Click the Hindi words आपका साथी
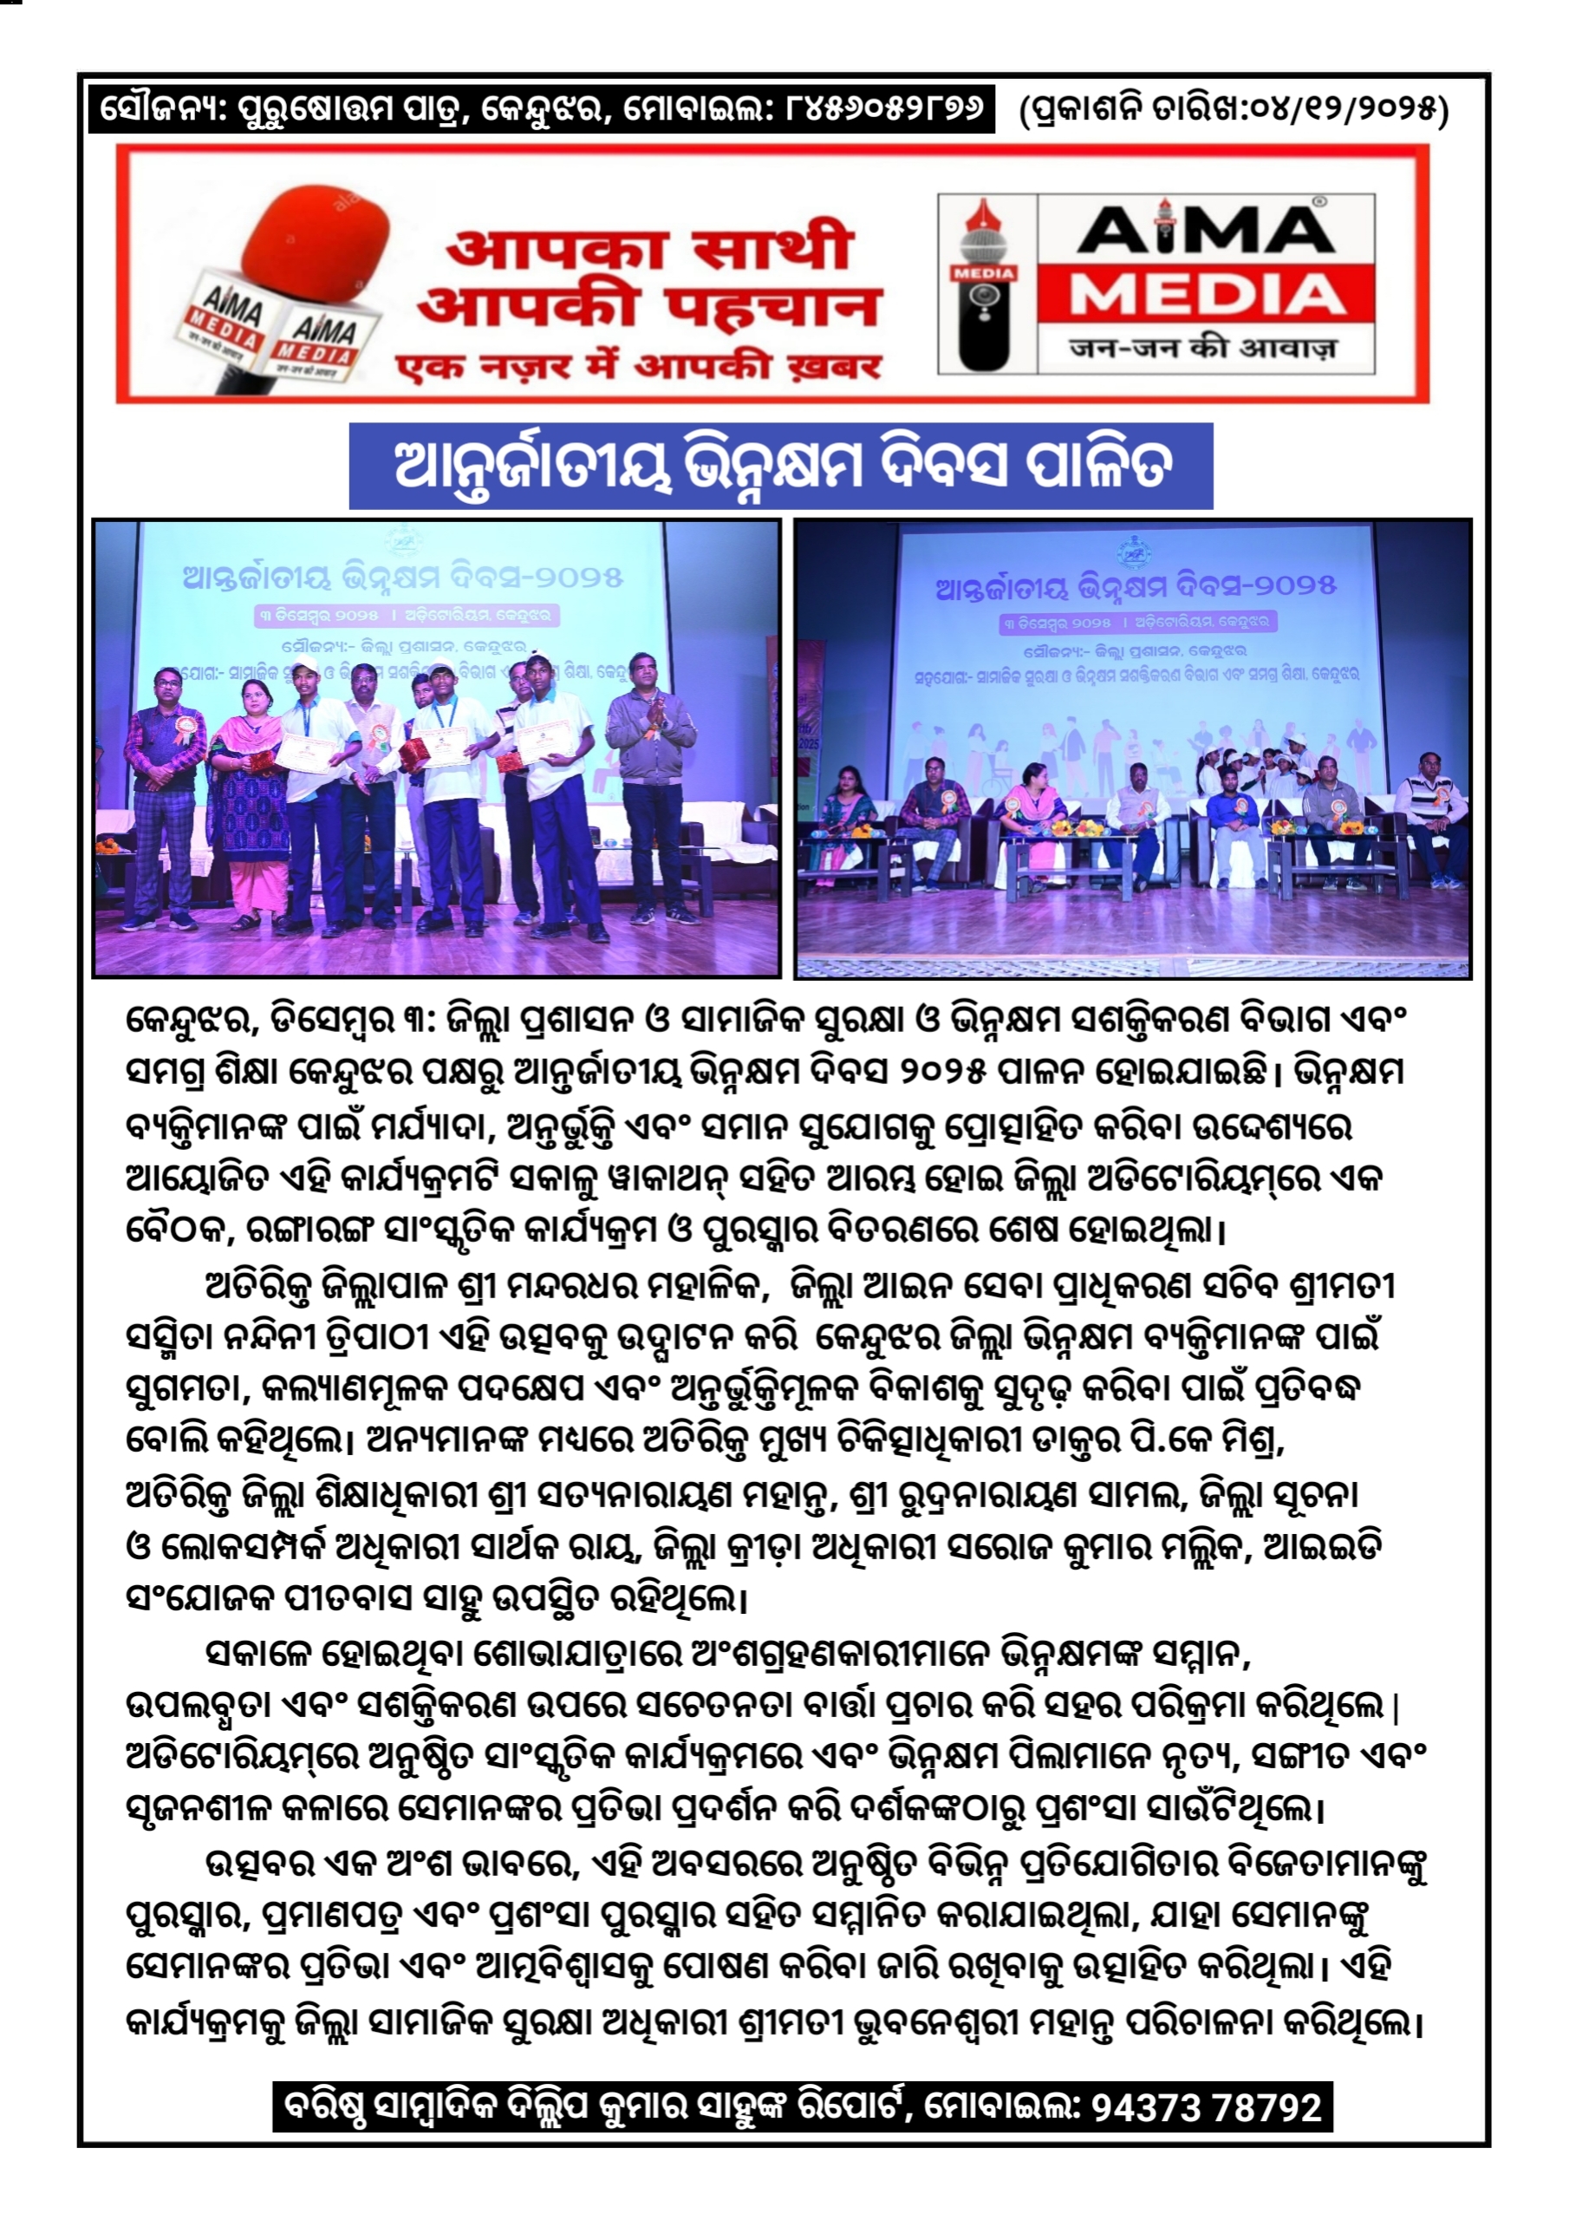(x=649, y=247)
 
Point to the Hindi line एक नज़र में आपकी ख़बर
(x=638, y=368)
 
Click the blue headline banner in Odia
(x=780, y=466)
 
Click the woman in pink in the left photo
(x=246, y=793)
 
